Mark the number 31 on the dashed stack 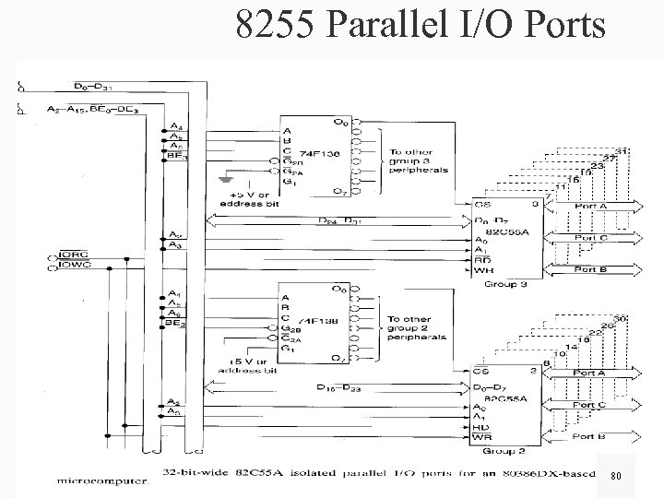(622, 149)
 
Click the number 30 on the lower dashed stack (621, 317)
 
